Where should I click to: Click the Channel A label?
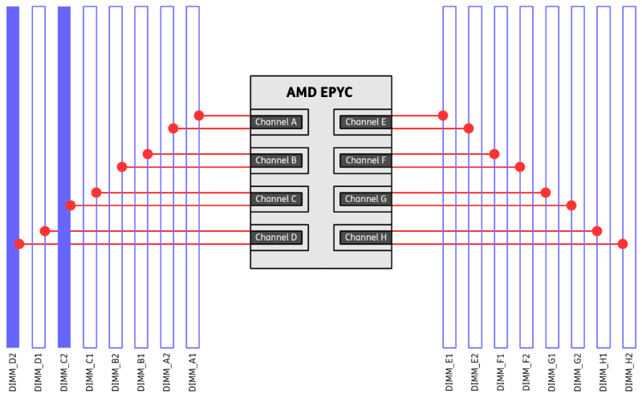276,122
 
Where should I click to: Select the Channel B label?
276,160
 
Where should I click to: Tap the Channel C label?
276,199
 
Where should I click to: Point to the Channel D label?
276,238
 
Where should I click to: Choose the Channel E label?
366,122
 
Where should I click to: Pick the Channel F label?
366,160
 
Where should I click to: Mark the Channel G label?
366,199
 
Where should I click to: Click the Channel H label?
366,238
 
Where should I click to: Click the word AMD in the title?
303,93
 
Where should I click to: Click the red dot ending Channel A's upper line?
199,116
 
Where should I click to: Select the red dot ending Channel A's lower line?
173,128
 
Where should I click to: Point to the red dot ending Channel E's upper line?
443,116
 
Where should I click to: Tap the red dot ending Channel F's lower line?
520,167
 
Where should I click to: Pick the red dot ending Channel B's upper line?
148,154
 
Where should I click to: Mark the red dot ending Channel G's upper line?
546,193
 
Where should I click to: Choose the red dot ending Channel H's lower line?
623,244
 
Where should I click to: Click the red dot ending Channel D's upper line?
45,231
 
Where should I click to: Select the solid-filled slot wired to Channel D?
13,177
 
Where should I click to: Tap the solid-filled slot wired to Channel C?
64,177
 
